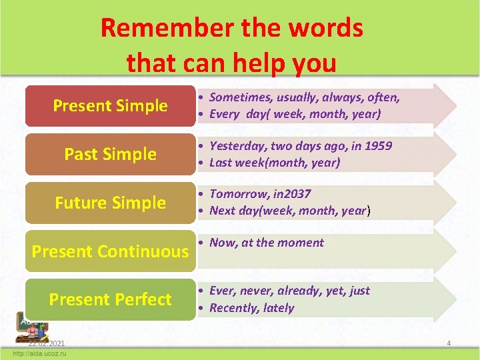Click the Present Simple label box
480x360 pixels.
pyautogui.click(x=110, y=106)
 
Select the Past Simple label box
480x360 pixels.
pyautogui.click(x=110, y=155)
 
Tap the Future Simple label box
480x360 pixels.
pyautogui.click(x=110, y=203)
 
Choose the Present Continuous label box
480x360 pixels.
pyautogui.click(x=110, y=251)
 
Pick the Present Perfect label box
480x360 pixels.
pyautogui.click(x=110, y=300)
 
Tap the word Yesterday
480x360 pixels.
pyautogui.click(x=235, y=145)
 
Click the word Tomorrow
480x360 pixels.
pyautogui.click(x=237, y=193)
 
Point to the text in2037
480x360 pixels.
pyautogui.click(x=291, y=193)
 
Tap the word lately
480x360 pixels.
pyautogui.click(x=279, y=308)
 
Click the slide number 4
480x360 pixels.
pyautogui.click(x=449, y=343)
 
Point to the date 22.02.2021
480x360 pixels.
pyautogui.click(x=46, y=343)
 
